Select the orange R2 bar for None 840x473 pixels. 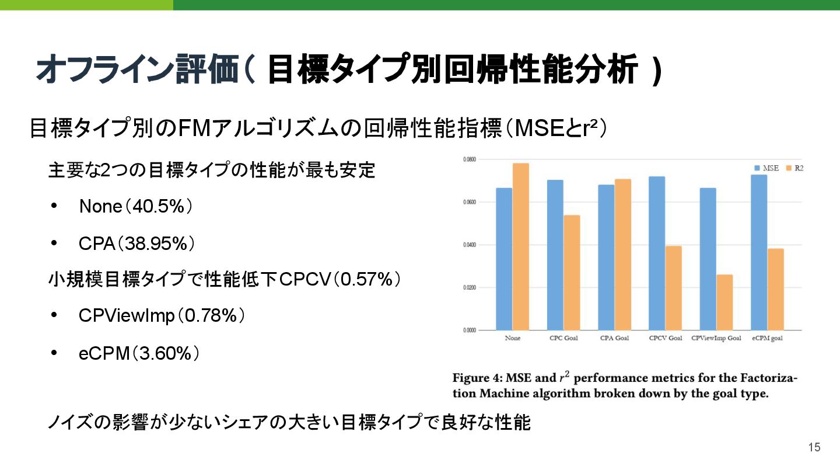coord(520,246)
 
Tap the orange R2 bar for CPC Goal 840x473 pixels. coord(572,273)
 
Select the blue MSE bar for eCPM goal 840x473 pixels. coord(759,252)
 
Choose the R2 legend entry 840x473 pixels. coord(795,168)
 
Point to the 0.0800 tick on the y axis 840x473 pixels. coord(470,159)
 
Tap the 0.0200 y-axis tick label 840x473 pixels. coord(470,287)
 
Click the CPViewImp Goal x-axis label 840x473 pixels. coord(716,339)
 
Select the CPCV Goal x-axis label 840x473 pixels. coord(665,339)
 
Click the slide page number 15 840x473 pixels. coord(814,447)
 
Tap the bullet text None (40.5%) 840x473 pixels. coord(136,207)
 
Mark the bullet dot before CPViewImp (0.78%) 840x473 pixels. coord(54,316)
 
